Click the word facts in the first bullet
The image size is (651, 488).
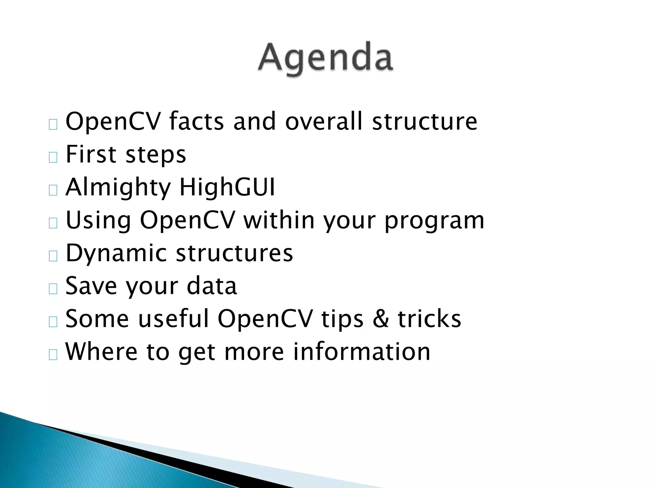196,122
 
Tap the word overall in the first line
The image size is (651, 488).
324,122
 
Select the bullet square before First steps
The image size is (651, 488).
53,157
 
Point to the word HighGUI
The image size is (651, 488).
227,187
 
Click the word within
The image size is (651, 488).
279,220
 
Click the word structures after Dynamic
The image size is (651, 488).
234,254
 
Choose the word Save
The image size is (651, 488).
91,286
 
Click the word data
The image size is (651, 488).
212,286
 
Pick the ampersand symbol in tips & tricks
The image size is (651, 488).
380,319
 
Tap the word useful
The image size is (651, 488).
174,319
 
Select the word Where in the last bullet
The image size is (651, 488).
101,352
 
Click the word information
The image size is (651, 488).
361,352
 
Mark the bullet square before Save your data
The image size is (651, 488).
53,289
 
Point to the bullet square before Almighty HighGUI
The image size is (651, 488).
53,190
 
